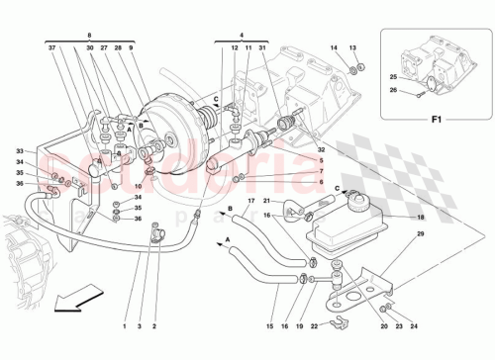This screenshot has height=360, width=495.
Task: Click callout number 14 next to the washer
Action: click(335, 48)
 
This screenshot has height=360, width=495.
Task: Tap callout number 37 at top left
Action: click(49, 47)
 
